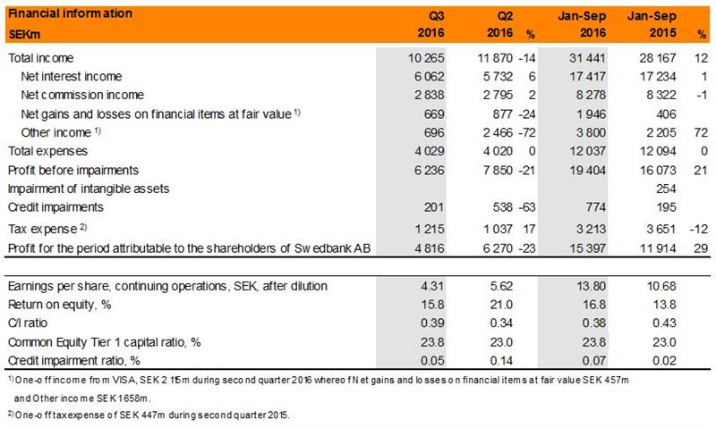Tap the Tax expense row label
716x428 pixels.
click(40, 227)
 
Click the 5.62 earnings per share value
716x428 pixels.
click(508, 286)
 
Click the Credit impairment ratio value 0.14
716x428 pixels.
click(508, 360)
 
